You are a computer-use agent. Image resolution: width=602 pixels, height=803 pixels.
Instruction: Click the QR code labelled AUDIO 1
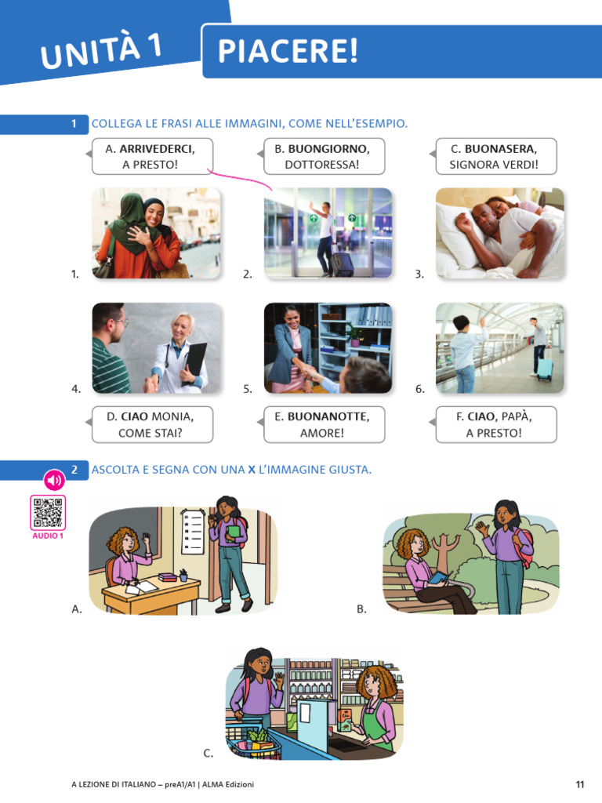click(x=48, y=513)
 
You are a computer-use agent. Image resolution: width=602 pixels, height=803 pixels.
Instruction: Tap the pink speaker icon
click(x=54, y=481)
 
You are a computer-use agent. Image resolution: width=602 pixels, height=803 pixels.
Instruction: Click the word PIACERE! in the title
click(x=288, y=51)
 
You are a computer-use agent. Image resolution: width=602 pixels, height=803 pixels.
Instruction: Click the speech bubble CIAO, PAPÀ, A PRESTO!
click(x=495, y=424)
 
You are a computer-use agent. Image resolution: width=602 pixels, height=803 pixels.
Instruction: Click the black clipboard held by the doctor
click(x=195, y=361)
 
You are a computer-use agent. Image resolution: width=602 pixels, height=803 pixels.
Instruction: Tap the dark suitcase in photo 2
click(x=342, y=263)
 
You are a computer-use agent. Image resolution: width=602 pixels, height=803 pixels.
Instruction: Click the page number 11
click(x=579, y=784)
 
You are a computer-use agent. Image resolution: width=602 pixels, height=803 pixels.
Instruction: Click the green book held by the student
click(x=234, y=532)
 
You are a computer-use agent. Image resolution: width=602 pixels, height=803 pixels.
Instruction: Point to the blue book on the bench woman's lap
click(x=439, y=577)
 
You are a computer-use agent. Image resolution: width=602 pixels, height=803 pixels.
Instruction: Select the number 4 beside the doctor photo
click(x=76, y=389)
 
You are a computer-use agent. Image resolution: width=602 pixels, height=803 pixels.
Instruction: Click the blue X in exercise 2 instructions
click(x=252, y=470)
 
